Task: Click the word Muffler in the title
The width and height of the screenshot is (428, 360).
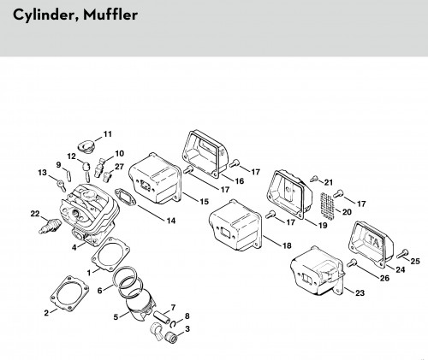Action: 110,15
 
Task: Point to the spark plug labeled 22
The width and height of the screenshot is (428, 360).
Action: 50,225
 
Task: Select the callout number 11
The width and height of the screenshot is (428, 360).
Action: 107,134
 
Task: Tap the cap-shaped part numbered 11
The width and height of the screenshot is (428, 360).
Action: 86,146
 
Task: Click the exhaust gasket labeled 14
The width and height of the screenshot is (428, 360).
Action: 125,197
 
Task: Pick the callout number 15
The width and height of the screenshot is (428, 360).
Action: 204,202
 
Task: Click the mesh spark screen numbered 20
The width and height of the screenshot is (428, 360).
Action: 327,206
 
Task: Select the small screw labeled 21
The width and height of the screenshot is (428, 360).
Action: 314,179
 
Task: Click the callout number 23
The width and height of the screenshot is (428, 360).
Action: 360,292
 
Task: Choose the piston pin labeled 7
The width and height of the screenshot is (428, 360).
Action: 162,316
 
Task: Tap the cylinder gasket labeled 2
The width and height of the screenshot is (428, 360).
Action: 69,293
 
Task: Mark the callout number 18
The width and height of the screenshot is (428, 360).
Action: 287,245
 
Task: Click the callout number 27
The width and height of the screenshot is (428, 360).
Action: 119,167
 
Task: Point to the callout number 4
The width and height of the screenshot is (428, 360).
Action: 74,248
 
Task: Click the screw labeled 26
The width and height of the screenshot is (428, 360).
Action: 353,263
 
